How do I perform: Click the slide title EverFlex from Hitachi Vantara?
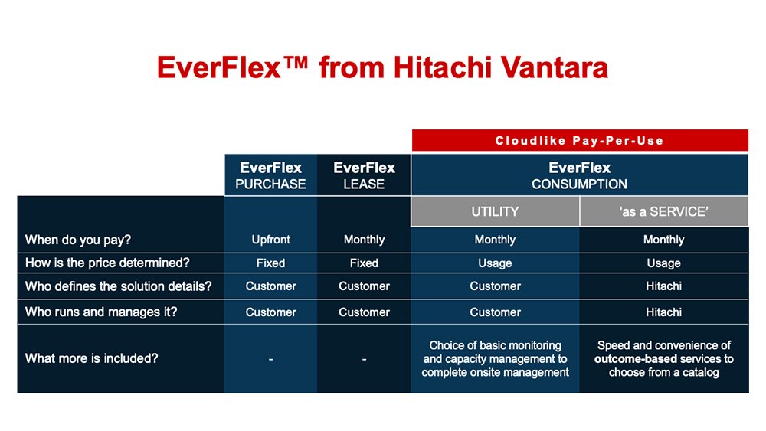tap(382, 67)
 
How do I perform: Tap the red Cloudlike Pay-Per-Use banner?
tap(579, 140)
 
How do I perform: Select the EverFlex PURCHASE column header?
tap(270, 175)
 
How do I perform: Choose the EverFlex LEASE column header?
tap(364, 175)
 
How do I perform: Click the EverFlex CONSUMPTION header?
tap(579, 175)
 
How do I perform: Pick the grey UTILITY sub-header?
tap(495, 211)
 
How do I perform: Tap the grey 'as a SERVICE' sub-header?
tap(663, 211)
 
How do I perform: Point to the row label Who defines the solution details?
tap(118, 286)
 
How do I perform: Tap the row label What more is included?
tap(91, 358)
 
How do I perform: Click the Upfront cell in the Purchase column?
tap(270, 240)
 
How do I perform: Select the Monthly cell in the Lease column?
tap(364, 240)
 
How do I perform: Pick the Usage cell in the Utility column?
tap(495, 263)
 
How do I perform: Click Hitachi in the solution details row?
tap(663, 286)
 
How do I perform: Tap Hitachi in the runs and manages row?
tap(663, 312)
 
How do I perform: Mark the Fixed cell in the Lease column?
tap(364, 263)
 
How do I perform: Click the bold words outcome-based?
tap(635, 358)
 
